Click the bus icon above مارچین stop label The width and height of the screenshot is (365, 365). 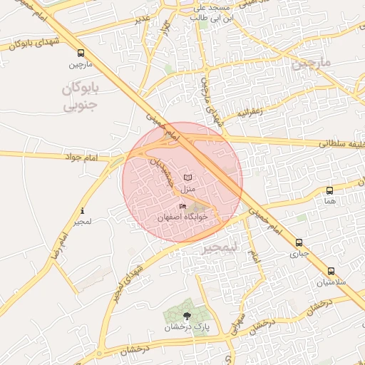pos(80,53)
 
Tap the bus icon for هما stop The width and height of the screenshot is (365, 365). pos(329,190)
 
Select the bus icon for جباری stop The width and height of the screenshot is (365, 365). pos(299,242)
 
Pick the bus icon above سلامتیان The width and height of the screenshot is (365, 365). pos(331,271)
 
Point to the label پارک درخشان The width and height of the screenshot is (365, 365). pos(187,327)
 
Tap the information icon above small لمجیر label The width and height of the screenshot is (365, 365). pos(83,211)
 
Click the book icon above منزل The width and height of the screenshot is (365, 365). pos(187,177)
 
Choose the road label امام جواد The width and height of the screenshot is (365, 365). pos(83,155)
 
